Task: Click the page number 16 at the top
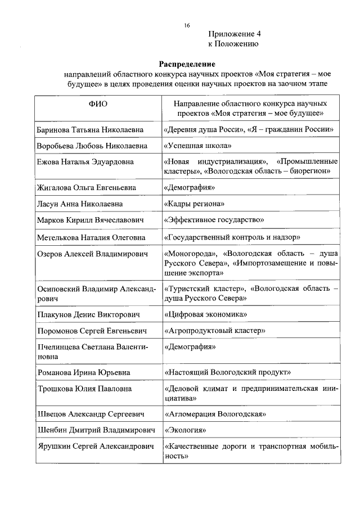(x=187, y=25)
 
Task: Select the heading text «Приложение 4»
(x=235, y=34)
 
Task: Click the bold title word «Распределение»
(x=187, y=64)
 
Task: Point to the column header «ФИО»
(x=97, y=103)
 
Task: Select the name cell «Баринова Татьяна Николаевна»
(x=90, y=129)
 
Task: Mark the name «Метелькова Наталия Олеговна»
(x=91, y=237)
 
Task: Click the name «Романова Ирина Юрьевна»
(x=83, y=372)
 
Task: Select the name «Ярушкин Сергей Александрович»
(x=95, y=447)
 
